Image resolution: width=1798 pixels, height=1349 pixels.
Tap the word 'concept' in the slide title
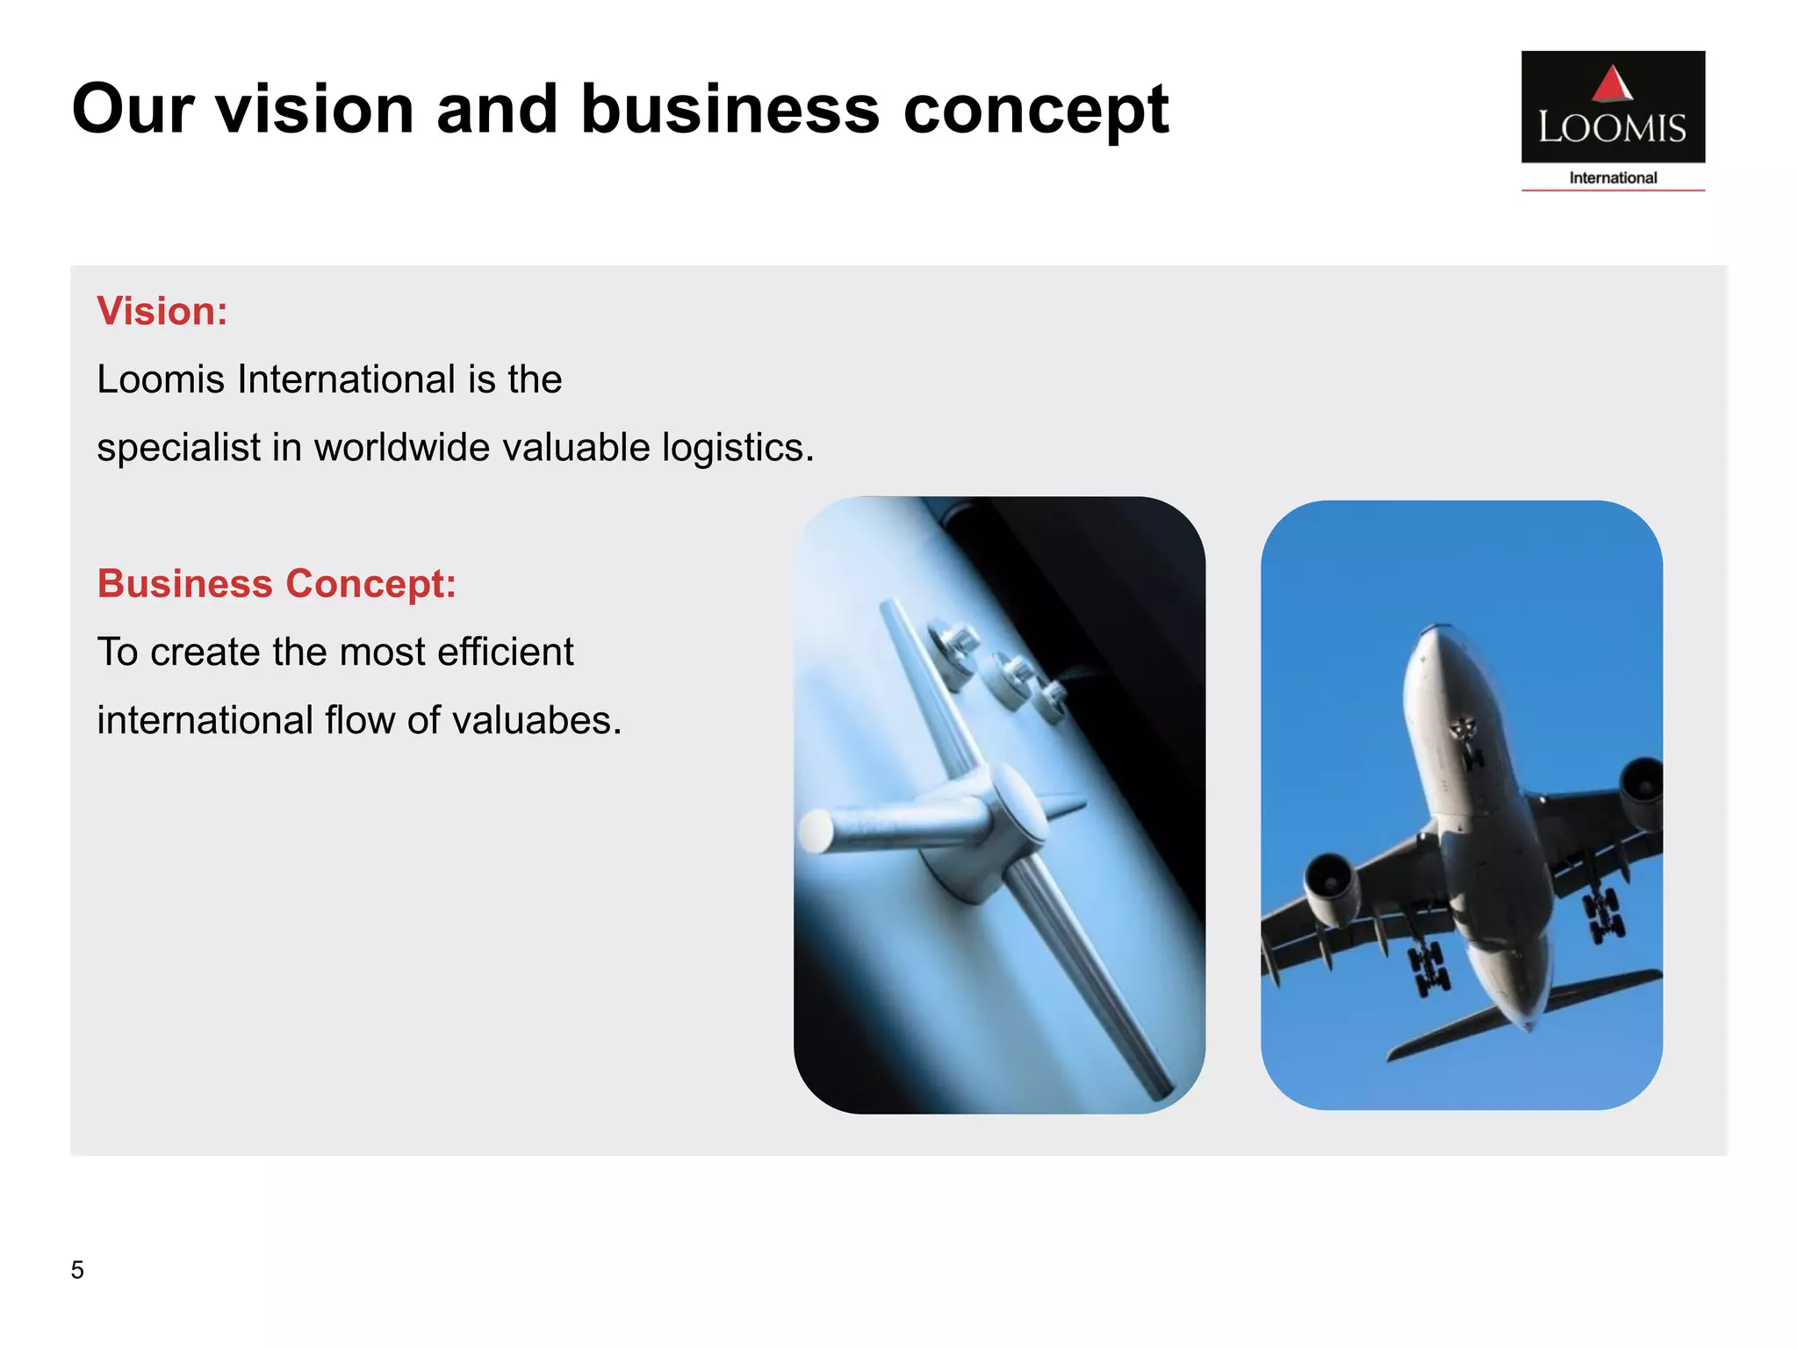click(1036, 111)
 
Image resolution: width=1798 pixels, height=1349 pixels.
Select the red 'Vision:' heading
click(162, 311)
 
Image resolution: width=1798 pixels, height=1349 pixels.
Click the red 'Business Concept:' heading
click(277, 584)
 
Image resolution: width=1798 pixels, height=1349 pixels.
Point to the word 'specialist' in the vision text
click(178, 448)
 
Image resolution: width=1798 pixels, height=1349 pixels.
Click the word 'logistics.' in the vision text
click(737, 448)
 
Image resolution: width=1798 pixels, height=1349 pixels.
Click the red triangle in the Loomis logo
click(1612, 84)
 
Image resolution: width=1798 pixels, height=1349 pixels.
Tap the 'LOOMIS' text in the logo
click(1612, 128)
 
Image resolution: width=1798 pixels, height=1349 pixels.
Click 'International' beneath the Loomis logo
click(1613, 178)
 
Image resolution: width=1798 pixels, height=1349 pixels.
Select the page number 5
click(77, 1270)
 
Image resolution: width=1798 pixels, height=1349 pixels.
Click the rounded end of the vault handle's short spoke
click(816, 830)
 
